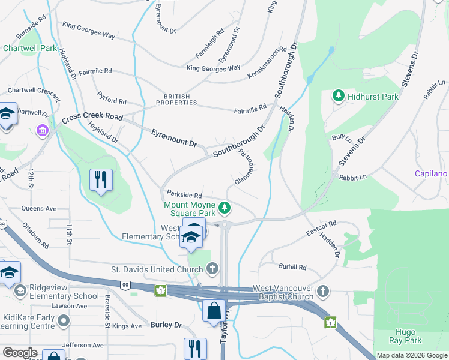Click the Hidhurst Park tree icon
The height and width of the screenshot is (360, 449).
click(x=339, y=96)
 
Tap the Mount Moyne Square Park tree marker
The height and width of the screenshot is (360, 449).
click(x=225, y=208)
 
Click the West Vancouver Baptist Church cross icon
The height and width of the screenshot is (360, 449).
click(x=323, y=292)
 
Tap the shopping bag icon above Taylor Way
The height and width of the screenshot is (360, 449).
click(x=214, y=311)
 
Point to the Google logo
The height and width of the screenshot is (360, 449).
click(x=20, y=353)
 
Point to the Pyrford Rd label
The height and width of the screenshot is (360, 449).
click(x=112, y=98)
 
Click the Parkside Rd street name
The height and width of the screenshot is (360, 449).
click(x=184, y=195)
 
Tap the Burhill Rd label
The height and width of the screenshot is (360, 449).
click(x=292, y=267)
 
